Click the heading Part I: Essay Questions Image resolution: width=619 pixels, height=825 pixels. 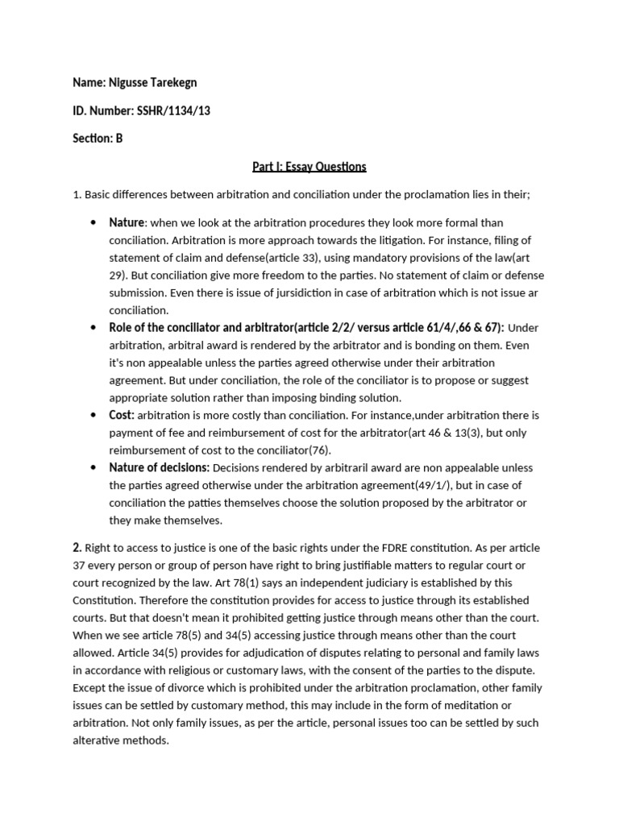309,167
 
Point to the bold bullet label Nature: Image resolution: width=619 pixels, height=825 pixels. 127,222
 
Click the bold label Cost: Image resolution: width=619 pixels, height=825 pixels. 122,416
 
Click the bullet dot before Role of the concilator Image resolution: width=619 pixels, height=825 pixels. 95,328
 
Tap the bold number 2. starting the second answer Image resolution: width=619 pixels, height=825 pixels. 77,548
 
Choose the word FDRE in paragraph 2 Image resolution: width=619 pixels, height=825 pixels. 438,548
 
